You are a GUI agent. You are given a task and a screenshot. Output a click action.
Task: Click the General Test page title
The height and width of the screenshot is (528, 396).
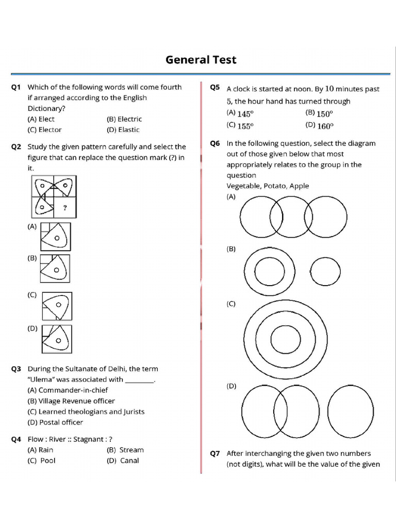(201, 60)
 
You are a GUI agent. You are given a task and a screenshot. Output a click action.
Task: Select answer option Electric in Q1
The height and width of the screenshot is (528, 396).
(129, 119)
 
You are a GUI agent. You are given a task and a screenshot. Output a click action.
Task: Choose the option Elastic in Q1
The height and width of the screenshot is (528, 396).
(128, 129)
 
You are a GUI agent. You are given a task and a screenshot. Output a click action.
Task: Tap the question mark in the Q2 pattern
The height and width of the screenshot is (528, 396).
(65, 208)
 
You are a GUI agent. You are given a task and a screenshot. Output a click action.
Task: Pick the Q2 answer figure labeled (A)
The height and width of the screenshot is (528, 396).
(56, 237)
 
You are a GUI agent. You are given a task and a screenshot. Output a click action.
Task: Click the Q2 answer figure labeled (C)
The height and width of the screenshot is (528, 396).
(57, 306)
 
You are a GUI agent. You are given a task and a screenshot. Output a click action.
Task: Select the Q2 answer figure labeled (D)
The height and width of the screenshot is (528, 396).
(57, 339)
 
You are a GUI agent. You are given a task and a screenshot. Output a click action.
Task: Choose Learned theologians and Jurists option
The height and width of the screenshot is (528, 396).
(91, 412)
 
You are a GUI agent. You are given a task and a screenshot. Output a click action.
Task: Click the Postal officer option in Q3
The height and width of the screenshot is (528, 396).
(61, 422)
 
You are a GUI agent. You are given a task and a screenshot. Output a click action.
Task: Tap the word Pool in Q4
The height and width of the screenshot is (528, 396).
(48, 460)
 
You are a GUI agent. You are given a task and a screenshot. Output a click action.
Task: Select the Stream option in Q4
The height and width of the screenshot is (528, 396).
(131, 450)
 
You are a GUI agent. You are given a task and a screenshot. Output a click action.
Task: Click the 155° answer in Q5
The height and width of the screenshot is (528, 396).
(245, 126)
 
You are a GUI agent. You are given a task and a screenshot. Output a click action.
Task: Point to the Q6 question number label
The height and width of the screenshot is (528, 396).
(215, 143)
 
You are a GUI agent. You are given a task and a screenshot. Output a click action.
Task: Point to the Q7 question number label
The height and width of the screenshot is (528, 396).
(215, 454)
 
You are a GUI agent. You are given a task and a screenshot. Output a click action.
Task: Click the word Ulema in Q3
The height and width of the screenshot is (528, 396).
(40, 379)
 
